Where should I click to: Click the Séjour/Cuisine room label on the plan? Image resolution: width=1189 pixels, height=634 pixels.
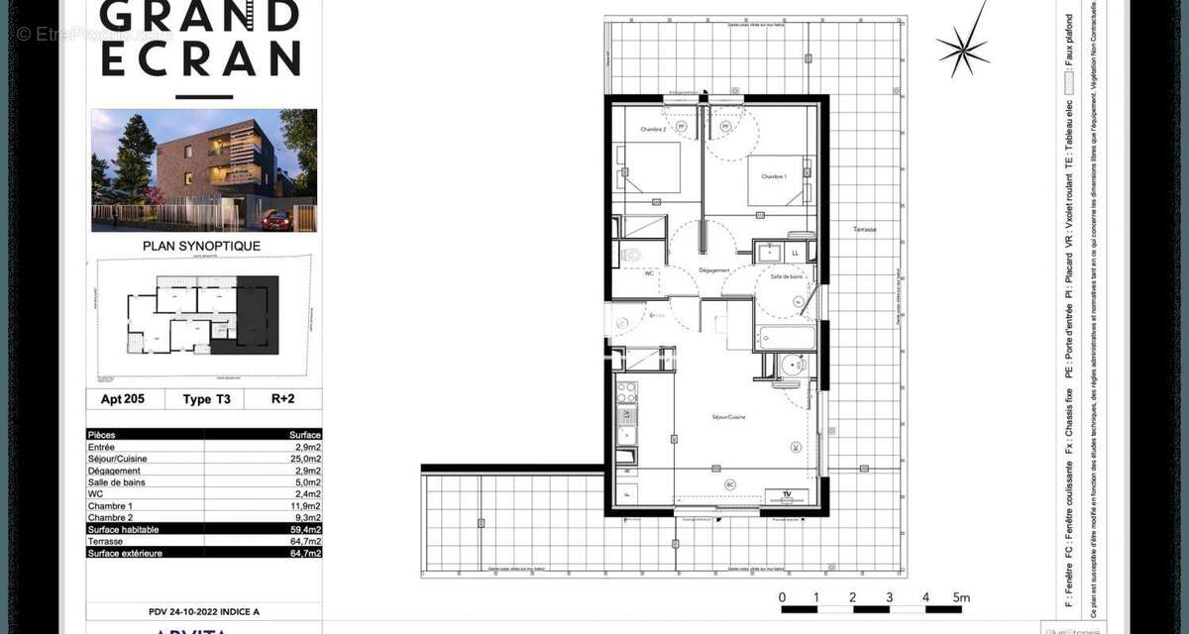pyautogui.click(x=727, y=417)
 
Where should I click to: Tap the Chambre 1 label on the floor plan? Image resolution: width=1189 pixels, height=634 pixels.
pyautogui.click(x=773, y=176)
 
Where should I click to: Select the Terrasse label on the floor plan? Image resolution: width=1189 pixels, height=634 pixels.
pyautogui.click(x=864, y=229)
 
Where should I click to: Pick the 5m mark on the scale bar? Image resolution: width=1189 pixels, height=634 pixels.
pyautogui.click(x=961, y=597)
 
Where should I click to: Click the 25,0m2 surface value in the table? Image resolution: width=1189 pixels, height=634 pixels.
pyautogui.click(x=304, y=459)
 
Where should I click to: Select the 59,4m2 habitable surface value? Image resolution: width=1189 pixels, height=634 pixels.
pyautogui.click(x=303, y=530)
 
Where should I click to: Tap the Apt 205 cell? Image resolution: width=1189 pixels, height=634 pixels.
pyautogui.click(x=123, y=399)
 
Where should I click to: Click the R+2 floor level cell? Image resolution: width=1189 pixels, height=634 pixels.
pyautogui.click(x=282, y=399)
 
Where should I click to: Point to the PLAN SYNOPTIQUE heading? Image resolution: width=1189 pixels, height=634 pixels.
pyautogui.click(x=202, y=246)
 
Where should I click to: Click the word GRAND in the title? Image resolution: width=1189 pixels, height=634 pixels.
pyautogui.click(x=200, y=16)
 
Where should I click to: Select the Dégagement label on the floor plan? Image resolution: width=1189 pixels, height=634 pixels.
pyautogui.click(x=714, y=270)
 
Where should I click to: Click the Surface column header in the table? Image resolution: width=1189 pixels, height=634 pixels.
pyautogui.click(x=304, y=435)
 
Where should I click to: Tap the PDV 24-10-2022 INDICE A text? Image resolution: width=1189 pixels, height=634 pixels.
pyautogui.click(x=204, y=610)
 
